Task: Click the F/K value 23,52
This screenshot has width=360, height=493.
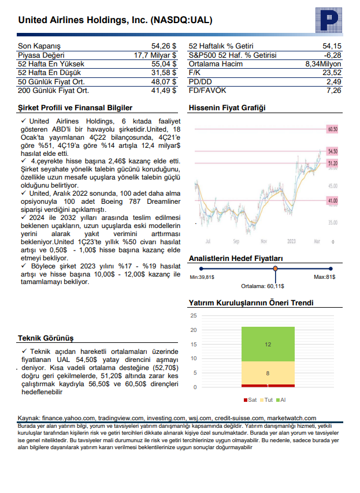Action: tap(332, 73)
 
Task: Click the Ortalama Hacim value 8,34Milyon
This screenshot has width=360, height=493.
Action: tap(324, 64)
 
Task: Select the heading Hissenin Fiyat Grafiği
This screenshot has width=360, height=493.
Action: tap(227, 108)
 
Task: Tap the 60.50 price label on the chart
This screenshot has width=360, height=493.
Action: tap(332, 129)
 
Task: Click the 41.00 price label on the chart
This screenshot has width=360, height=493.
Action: tap(332, 200)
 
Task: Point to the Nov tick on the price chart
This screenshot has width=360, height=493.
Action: tap(263, 241)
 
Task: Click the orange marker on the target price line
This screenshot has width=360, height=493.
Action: tap(275, 268)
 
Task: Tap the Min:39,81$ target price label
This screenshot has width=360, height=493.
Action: tap(202, 278)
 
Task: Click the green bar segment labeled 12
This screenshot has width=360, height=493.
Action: tap(268, 344)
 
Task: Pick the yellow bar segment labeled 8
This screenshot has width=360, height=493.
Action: tap(268, 373)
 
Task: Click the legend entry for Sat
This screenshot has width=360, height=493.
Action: tap(251, 399)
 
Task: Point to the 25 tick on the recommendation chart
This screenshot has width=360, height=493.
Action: tap(194, 316)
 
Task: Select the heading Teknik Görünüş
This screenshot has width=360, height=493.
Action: tap(46, 338)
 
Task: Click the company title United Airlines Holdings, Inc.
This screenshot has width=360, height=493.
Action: tap(116, 20)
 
